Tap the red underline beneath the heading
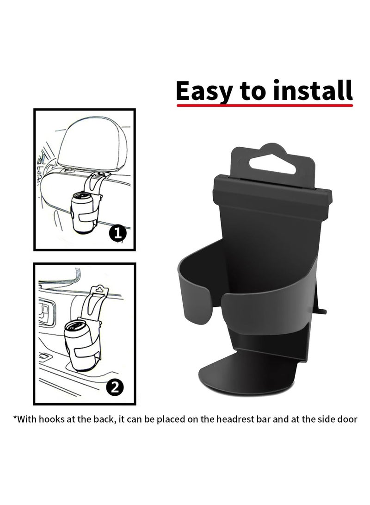coord(264,106)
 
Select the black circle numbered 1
coord(118,233)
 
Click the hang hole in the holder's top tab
coord(272,164)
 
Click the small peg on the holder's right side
coord(322,312)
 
